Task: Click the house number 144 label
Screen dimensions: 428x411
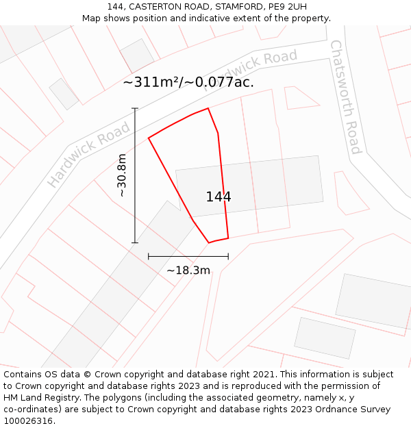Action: click(x=219, y=197)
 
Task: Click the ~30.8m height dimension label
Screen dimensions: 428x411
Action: click(x=122, y=175)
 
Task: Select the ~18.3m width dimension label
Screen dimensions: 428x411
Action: click(x=188, y=270)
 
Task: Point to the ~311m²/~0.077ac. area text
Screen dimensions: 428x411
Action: click(x=188, y=82)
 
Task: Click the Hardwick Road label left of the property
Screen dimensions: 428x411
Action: click(x=88, y=155)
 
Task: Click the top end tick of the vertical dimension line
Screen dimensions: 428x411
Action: click(x=135, y=108)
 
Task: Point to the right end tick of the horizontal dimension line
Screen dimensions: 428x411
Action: click(x=228, y=257)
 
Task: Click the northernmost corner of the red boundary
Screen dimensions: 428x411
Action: click(x=208, y=108)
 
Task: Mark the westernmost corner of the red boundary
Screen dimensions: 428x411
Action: click(x=149, y=138)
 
